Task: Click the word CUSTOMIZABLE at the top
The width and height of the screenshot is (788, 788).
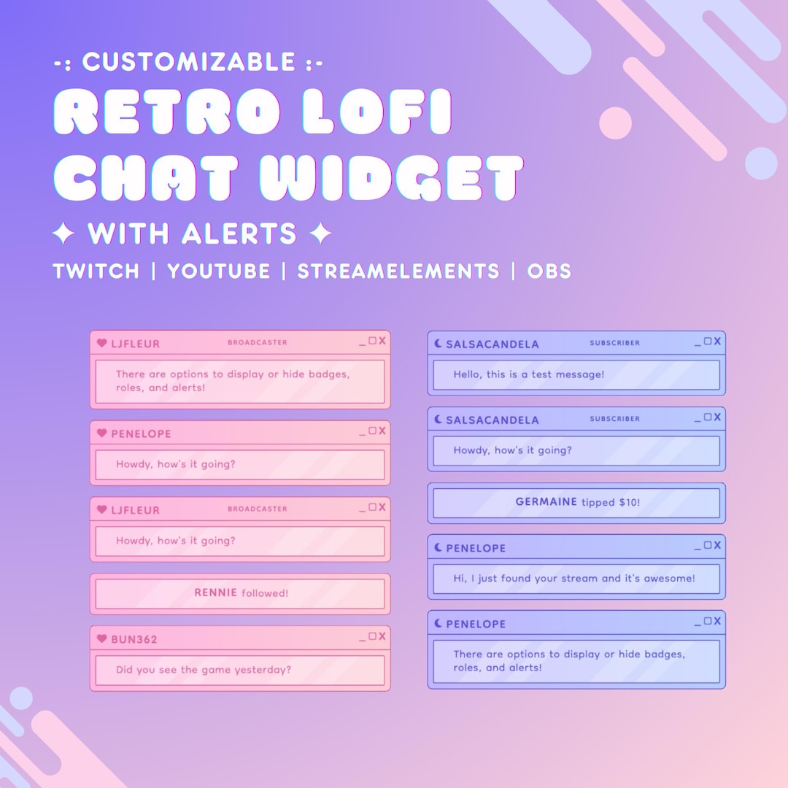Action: [x=188, y=62]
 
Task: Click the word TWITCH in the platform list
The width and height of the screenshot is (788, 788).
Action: [x=96, y=271]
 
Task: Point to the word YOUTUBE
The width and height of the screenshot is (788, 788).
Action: [x=219, y=271]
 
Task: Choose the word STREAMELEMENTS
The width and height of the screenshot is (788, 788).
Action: [x=398, y=271]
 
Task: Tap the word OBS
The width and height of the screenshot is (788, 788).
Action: [x=549, y=271]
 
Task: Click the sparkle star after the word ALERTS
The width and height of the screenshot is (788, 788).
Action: [x=320, y=234]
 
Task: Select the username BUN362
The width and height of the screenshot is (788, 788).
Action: [x=134, y=639]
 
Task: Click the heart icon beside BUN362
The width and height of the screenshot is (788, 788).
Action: [x=102, y=638]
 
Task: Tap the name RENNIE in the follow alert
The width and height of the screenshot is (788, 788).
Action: [x=215, y=592]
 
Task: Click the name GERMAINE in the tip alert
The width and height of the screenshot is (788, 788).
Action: [x=546, y=502]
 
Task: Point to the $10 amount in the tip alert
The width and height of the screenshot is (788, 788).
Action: [x=628, y=502]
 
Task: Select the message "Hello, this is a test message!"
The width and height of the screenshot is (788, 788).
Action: [x=529, y=374]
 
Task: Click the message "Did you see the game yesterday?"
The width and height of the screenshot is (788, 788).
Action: [x=204, y=669]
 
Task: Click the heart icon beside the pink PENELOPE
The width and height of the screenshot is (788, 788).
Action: [x=102, y=433]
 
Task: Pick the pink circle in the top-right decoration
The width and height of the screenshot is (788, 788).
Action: [x=615, y=123]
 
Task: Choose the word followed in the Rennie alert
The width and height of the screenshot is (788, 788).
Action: [x=265, y=593]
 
